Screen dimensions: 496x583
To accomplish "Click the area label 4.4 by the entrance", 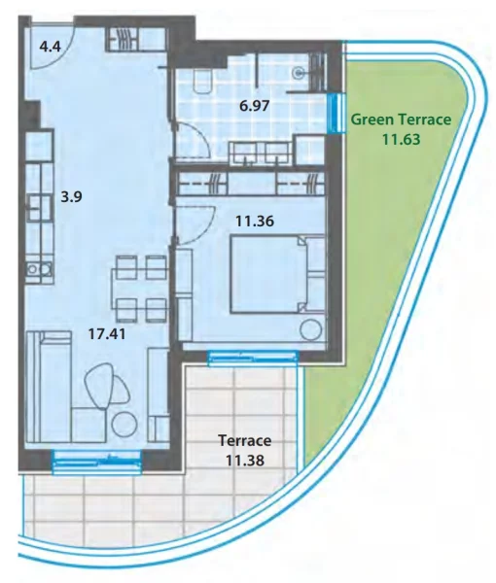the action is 51,48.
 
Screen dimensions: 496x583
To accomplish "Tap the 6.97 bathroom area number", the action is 255,106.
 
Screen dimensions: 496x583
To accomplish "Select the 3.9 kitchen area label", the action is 71,196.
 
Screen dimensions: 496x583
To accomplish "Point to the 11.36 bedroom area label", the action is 255,222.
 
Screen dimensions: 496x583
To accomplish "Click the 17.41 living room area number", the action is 107,334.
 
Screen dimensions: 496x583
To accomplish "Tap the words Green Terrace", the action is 401,120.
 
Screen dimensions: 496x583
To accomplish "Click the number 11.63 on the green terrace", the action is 402,139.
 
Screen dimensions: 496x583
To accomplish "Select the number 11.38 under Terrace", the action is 245,461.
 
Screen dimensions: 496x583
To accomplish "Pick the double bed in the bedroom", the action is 277,274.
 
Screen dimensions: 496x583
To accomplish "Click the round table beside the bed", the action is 311,329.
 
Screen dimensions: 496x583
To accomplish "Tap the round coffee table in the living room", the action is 124,425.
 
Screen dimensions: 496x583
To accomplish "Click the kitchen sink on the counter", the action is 39,268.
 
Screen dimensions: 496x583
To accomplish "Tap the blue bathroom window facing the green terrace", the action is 337,113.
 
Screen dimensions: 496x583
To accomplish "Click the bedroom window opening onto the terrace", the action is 254,358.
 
